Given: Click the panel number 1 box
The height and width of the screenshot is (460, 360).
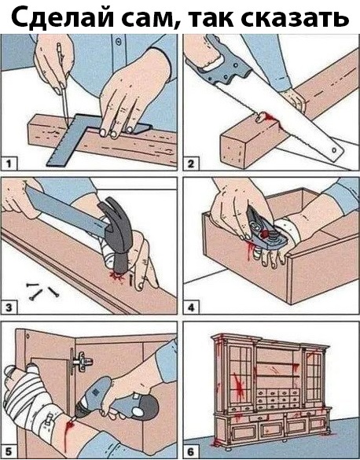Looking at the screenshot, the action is (9, 164).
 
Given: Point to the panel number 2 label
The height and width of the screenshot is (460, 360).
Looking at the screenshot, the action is (191, 164).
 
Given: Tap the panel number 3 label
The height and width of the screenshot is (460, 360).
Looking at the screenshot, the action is (9, 307).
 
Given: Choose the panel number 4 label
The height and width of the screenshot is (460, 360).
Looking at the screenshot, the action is (191, 307).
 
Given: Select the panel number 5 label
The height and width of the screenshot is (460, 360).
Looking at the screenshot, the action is (9, 451).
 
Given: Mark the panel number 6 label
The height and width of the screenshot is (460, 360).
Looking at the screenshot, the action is (191, 451).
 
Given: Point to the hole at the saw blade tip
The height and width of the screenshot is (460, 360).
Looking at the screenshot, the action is (334, 150).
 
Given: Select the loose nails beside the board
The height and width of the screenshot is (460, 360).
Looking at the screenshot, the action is (42, 290).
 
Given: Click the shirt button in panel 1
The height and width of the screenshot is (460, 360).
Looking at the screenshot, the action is (119, 41).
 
